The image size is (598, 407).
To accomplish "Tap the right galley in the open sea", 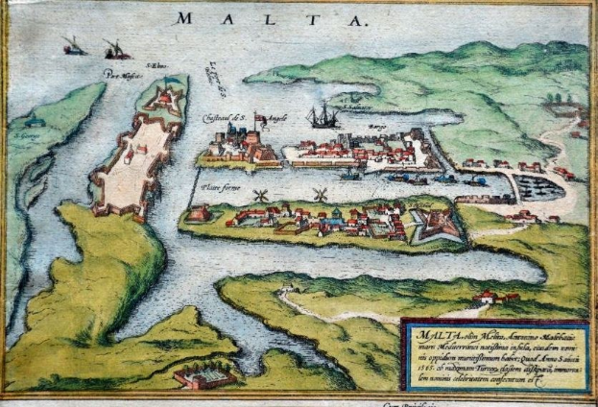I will (115, 49).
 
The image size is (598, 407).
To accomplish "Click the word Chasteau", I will (218, 118).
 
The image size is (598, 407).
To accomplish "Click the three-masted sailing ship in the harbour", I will (323, 117).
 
